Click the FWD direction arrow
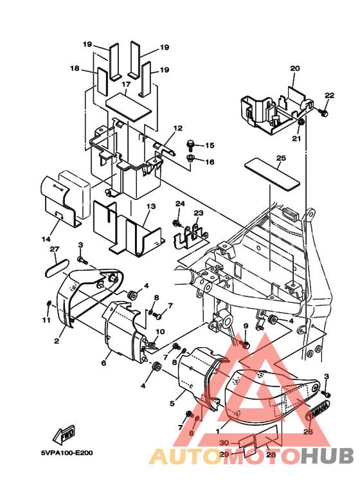(64, 435)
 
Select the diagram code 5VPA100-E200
(67, 453)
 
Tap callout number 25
(281, 158)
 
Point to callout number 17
(126, 84)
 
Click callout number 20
(294, 68)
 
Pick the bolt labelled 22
(323, 113)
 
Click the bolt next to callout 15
(191, 145)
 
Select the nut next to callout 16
(191, 158)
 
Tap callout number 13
(152, 206)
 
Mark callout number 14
(46, 239)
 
